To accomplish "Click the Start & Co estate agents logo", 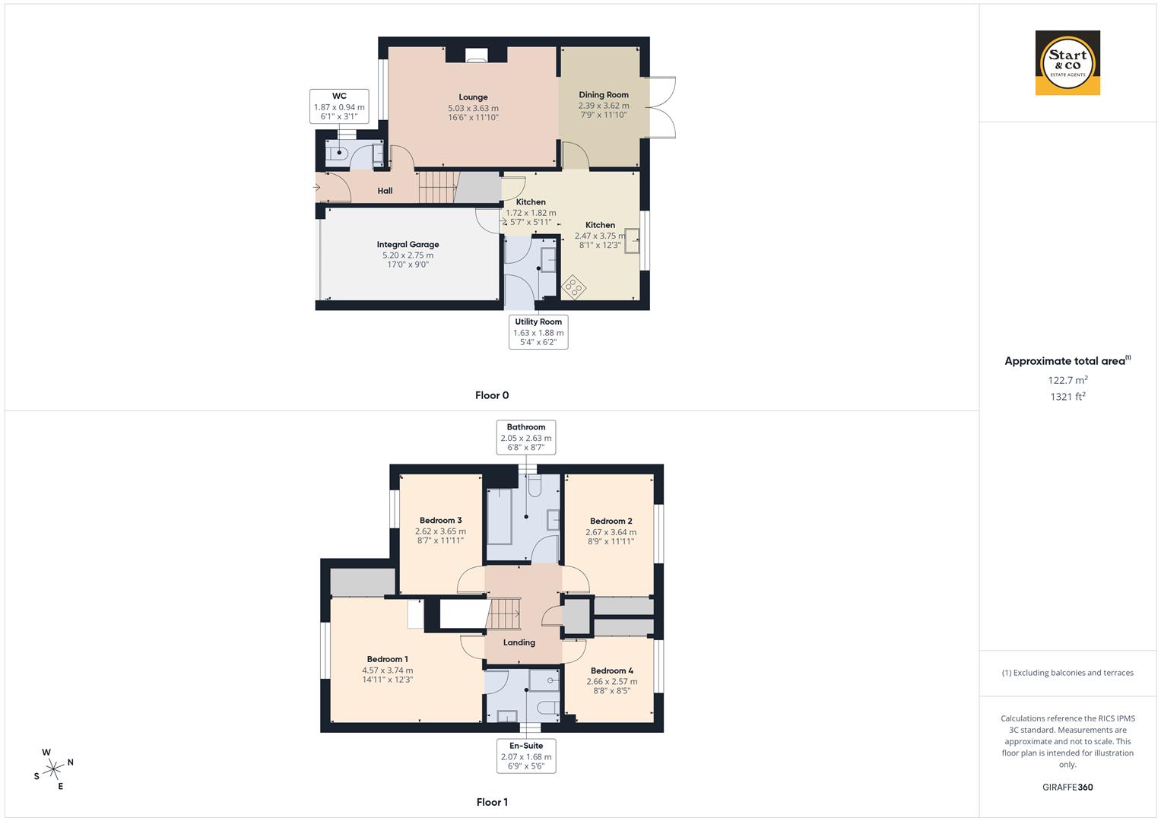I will pyautogui.click(x=1067, y=63).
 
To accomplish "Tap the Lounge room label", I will pyautogui.click(x=473, y=97).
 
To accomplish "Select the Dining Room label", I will pyautogui.click(x=604, y=95).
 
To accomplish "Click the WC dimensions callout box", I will pyautogui.click(x=339, y=106).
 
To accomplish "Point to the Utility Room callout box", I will pyautogui.click(x=538, y=332).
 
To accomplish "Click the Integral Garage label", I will pyautogui.click(x=408, y=245).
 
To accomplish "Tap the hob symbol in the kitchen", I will pyautogui.click(x=573, y=287).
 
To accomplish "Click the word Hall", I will pyautogui.click(x=385, y=191).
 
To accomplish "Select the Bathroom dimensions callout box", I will pyautogui.click(x=526, y=437).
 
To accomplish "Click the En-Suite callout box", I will pyautogui.click(x=526, y=756).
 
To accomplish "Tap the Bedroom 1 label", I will pyautogui.click(x=387, y=659).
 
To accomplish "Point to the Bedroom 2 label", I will pyautogui.click(x=611, y=521).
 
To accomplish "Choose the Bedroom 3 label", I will pyautogui.click(x=440, y=521).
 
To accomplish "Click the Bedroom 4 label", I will pyautogui.click(x=611, y=670).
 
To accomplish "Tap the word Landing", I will pyautogui.click(x=519, y=642).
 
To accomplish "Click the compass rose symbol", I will pyautogui.click(x=53, y=769).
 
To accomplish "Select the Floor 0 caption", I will pyautogui.click(x=492, y=395).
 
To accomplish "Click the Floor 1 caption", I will pyautogui.click(x=492, y=802).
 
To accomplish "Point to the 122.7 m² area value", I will pyautogui.click(x=1067, y=380).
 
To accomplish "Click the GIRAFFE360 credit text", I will pyautogui.click(x=1067, y=788).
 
